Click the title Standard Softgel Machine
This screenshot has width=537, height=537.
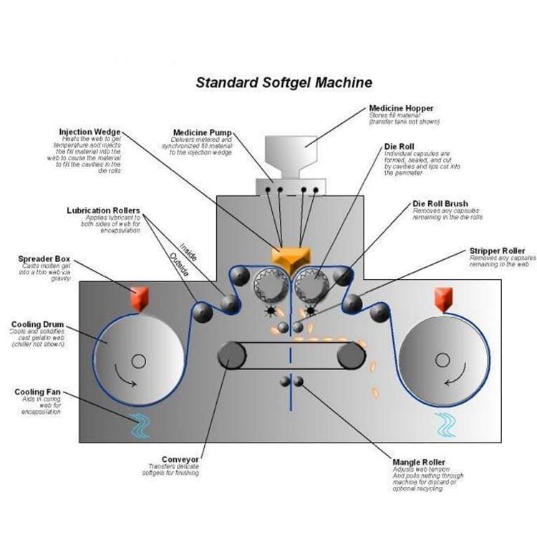(x=284, y=82)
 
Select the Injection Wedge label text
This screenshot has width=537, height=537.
(x=89, y=132)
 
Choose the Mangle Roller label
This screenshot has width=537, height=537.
(x=419, y=463)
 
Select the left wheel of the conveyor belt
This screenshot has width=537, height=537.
(x=231, y=354)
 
